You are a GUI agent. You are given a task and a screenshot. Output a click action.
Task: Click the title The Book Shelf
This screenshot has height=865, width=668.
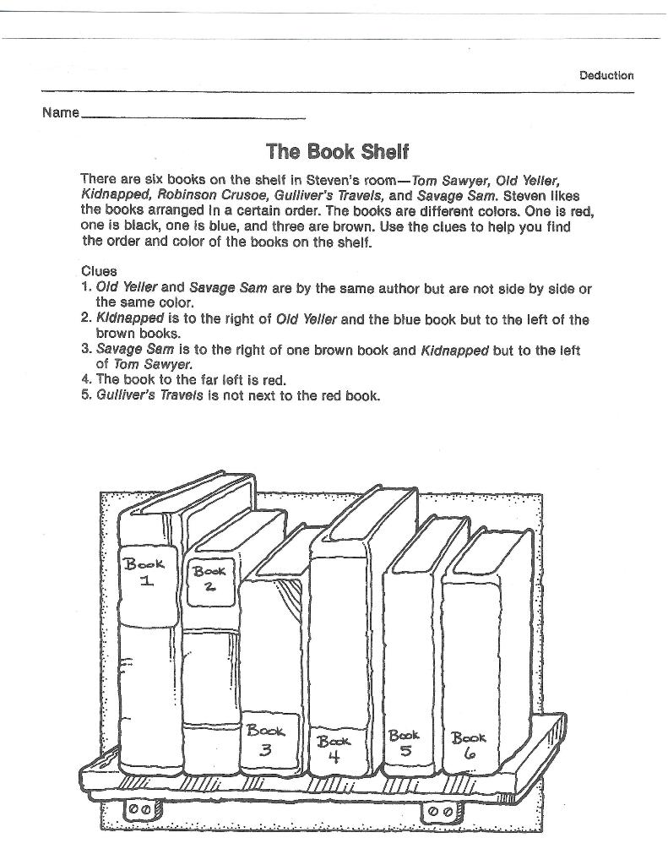point(337,152)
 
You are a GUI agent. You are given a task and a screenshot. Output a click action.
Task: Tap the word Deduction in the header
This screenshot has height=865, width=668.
point(606,75)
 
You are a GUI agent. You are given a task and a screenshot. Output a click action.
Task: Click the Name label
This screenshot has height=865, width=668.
point(60,112)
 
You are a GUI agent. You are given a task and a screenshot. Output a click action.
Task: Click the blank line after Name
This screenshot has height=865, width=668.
point(193,116)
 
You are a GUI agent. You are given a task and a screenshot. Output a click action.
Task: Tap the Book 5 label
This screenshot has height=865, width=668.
point(405,742)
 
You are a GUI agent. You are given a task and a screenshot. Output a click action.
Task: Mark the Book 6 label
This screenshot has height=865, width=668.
point(469,744)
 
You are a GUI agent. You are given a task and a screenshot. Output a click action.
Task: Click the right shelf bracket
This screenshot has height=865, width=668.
point(440,812)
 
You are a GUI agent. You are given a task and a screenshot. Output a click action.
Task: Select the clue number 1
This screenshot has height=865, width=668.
point(85,288)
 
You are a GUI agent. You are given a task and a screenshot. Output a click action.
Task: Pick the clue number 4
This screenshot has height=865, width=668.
point(85,379)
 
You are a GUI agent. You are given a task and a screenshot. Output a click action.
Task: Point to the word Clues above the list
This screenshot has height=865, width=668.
point(99,272)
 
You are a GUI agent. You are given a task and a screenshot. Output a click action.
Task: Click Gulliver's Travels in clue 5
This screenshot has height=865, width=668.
point(149,394)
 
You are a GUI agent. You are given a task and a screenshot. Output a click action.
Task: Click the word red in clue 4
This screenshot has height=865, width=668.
point(274,379)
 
